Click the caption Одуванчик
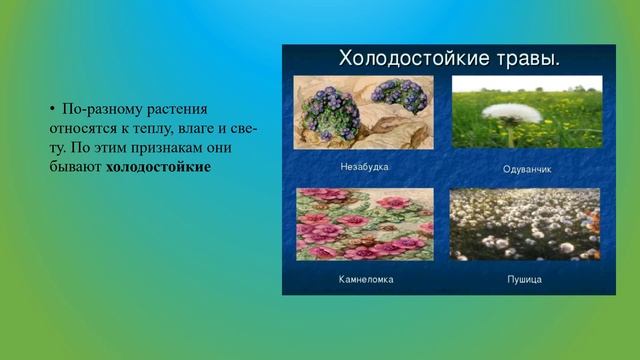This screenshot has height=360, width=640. pos(527,169)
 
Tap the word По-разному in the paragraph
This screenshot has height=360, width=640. pos(98,106)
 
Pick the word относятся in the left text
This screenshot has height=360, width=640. pos(83,126)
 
